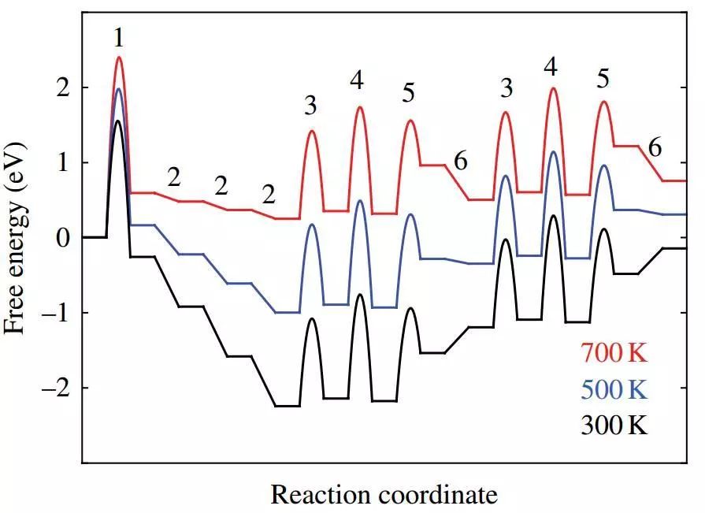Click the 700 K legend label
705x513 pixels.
(x=614, y=353)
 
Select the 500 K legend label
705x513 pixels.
(x=614, y=389)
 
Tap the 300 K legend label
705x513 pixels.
(x=614, y=426)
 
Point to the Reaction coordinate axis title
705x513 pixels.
(x=384, y=495)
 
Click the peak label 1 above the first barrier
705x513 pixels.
(x=118, y=38)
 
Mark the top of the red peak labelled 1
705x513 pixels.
(x=119, y=58)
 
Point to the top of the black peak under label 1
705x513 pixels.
(x=117, y=121)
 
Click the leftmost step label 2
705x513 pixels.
(x=173, y=177)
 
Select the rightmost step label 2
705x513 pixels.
(x=269, y=194)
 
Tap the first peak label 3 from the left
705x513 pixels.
(x=311, y=105)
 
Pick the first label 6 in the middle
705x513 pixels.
(x=461, y=161)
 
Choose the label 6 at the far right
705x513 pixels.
(x=655, y=147)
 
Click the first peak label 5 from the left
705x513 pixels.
(x=408, y=92)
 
